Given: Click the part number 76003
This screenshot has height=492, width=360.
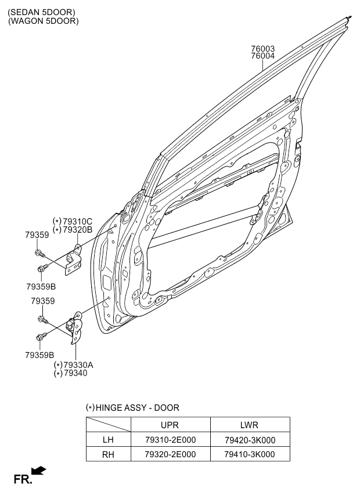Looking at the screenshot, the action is click(262, 49).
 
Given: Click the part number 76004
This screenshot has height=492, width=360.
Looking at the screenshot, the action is click(262, 56).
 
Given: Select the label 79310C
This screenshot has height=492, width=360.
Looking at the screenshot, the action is click(78, 222).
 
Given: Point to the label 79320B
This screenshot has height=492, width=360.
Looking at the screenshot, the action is click(78, 230).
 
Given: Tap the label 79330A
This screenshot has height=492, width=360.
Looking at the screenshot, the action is click(78, 366).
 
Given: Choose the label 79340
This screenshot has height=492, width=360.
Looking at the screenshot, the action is click(75, 374).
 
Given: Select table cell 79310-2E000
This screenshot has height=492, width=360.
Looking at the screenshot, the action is click(170, 440).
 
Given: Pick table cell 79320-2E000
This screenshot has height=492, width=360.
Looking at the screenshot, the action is click(170, 454).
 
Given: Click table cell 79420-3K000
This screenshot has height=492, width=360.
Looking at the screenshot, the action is click(250, 440).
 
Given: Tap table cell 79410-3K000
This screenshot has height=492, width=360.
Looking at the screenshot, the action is click(250, 454).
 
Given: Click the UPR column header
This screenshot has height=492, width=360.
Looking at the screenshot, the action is click(170, 425).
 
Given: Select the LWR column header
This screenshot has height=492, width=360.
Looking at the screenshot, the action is click(249, 425).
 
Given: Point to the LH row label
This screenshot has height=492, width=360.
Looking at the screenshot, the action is click(108, 440).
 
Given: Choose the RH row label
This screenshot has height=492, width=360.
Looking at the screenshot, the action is click(108, 454).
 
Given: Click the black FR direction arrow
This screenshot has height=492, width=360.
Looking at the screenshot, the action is click(39, 471).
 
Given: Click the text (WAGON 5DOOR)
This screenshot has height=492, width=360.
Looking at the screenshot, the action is click(44, 21).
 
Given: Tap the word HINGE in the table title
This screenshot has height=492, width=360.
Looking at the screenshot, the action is click(109, 408).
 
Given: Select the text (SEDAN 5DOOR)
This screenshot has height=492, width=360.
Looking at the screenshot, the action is click(42, 12).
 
